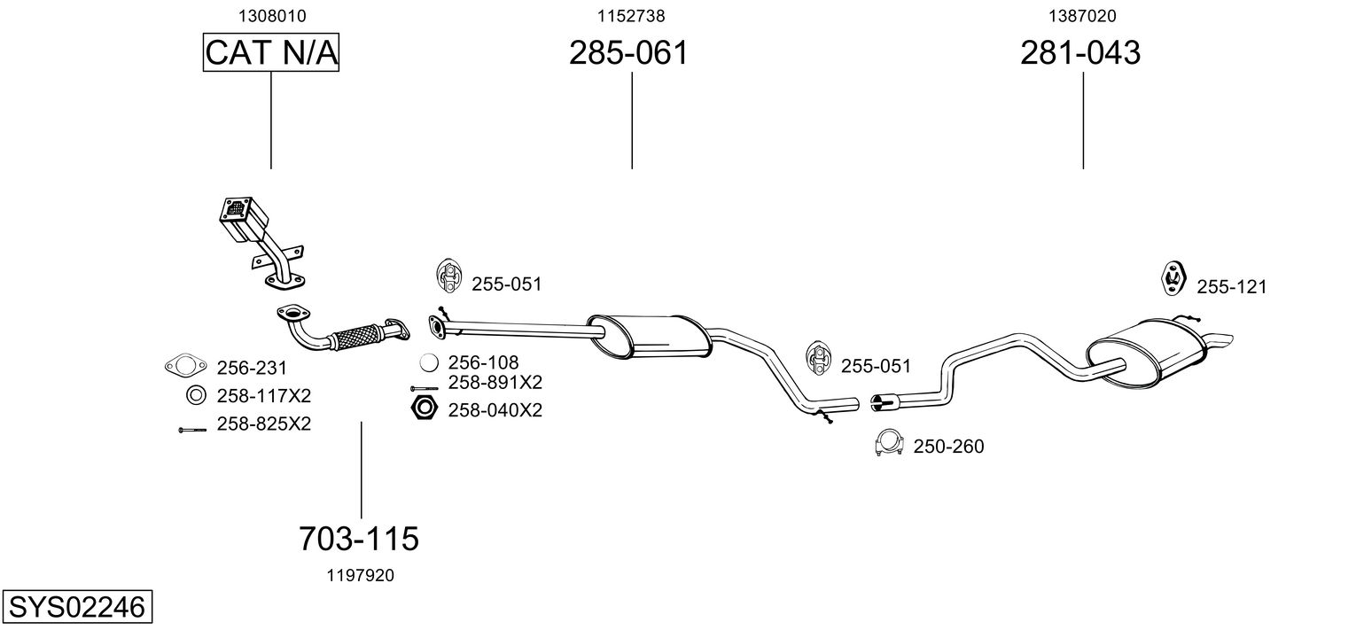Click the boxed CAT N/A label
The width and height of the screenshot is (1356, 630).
pyautogui.click(x=271, y=53)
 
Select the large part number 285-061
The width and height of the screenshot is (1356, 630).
pyautogui.click(x=628, y=53)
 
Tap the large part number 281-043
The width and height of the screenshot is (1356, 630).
pyautogui.click(x=1080, y=53)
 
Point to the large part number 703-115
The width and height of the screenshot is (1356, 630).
pyautogui.click(x=358, y=537)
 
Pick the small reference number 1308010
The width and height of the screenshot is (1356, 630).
pyautogui.click(x=271, y=16)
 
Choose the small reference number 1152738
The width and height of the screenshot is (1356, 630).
pyautogui.click(x=631, y=16)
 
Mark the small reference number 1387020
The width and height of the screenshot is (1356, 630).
pyautogui.click(x=1082, y=16)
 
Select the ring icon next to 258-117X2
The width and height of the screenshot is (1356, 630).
pyautogui.click(x=194, y=395)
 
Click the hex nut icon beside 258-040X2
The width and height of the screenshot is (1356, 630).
pyautogui.click(x=425, y=408)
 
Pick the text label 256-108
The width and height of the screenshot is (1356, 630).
pyautogui.click(x=483, y=362)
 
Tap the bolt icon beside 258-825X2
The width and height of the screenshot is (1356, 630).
pyautogui.click(x=193, y=430)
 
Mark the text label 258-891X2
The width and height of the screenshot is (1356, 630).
pyautogui.click(x=495, y=383)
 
